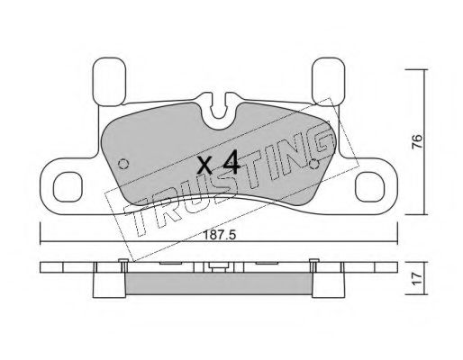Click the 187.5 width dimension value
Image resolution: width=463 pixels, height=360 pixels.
click(x=220, y=235)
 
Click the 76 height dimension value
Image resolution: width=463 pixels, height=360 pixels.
click(x=417, y=141)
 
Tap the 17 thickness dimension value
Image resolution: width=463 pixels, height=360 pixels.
click(x=417, y=279)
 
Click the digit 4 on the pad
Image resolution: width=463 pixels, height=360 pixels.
click(x=231, y=162)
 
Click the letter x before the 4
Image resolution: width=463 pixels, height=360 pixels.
click(x=205, y=166)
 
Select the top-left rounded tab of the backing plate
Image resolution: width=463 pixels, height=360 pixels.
click(x=109, y=82)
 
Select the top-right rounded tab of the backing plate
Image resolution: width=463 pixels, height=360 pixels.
click(x=329, y=81)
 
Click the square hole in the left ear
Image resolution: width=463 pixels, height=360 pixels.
click(x=68, y=186)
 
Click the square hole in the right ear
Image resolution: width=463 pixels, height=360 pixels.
click(x=369, y=186)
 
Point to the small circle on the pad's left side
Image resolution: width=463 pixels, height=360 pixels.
click(x=123, y=164)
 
